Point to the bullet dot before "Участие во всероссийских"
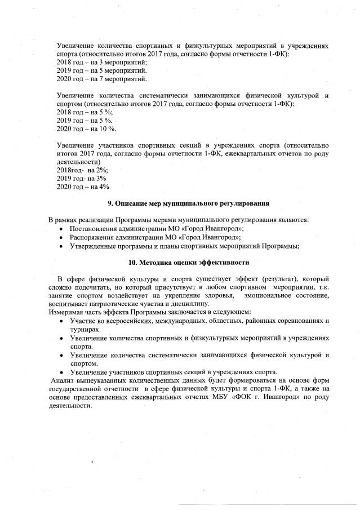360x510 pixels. [x=61, y=321]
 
